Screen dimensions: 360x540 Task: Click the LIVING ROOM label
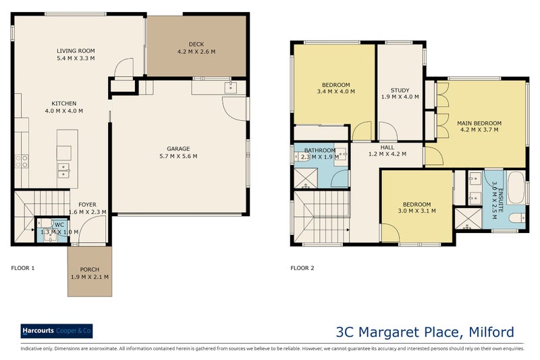tap(75, 51)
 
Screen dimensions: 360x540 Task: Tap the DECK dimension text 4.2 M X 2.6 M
tap(196, 52)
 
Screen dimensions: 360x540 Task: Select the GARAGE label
tap(179, 149)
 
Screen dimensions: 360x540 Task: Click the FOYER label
tap(87, 205)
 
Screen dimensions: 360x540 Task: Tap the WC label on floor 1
tap(59, 224)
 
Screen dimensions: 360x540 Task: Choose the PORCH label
tap(90, 269)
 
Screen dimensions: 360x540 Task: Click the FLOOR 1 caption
tap(23, 268)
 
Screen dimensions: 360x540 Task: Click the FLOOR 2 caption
tap(302, 268)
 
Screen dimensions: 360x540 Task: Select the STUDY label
tap(400, 90)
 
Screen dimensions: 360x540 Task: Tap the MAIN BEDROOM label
tap(479, 122)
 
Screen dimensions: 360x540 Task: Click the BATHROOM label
tap(319, 150)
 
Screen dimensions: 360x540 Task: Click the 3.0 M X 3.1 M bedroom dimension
tap(416, 211)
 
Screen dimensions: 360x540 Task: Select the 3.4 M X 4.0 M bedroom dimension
tap(335, 93)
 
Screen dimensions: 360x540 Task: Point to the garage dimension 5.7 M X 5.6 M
tap(179, 156)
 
